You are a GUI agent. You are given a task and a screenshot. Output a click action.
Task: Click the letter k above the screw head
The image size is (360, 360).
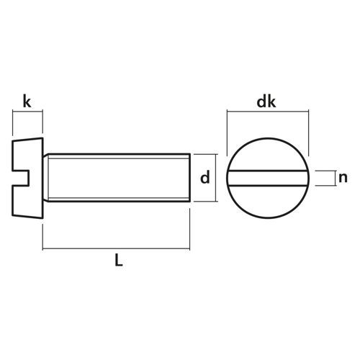point(27,101)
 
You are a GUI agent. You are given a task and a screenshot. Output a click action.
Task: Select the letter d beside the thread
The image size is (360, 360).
point(205,177)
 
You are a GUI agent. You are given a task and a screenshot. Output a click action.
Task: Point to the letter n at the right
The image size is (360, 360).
point(343,178)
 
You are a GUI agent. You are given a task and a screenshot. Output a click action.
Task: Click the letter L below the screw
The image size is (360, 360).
point(119,260)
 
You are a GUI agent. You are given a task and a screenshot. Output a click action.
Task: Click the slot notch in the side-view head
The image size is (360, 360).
point(21,178)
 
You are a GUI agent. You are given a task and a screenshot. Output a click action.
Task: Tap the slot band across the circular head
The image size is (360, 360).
point(268,178)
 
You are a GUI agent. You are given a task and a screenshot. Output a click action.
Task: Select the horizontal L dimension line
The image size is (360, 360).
point(116,249)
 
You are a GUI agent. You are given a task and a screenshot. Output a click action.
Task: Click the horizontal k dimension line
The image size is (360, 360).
point(27,111)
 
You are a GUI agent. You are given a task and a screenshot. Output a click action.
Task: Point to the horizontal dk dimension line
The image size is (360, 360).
point(268,112)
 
